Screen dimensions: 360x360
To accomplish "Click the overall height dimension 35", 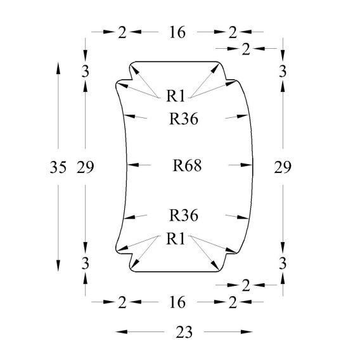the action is coord(58,167).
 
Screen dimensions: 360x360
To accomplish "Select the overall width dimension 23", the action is coord(184,332).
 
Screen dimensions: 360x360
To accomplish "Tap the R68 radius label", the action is coord(187,165).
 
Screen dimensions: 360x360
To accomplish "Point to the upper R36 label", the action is coord(184,119).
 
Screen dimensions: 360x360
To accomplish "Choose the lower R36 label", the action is coord(184,215).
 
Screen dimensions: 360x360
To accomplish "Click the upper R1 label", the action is coord(176,96).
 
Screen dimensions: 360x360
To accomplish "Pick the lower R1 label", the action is coord(176,238).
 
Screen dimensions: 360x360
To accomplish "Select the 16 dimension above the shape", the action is coord(177,32).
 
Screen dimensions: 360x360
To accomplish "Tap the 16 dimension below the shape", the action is coord(177,302).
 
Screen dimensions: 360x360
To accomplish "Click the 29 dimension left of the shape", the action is coord(86,167).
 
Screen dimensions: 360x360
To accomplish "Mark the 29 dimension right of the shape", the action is coord(283,167).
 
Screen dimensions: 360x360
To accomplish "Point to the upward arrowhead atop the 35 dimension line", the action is coord(58,68).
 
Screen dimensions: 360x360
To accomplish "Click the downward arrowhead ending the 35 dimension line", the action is coord(58,266).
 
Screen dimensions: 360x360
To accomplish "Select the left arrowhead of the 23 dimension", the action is coord(121,331).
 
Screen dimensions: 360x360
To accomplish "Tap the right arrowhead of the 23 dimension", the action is coord(247,331).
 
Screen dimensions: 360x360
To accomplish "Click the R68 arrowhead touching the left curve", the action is coord(133,165).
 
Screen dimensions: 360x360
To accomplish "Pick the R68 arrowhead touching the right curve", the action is coord(247,165).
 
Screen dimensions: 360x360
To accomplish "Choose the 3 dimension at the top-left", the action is coord(86,72).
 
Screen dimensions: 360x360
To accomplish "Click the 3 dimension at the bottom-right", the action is coord(283,263).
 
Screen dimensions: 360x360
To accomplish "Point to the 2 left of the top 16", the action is coord(122,32).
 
